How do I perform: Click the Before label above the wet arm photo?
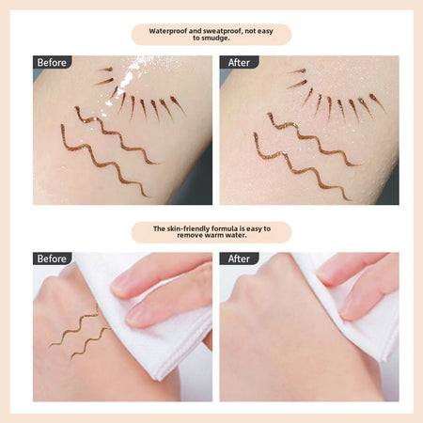[52, 62]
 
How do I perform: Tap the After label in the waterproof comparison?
[239, 62]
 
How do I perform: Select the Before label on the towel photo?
[52, 258]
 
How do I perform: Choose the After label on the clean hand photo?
[239, 258]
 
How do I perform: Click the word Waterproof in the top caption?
[168, 31]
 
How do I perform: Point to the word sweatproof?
[222, 31]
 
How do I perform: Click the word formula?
[223, 228]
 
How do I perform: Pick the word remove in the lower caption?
[189, 235]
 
